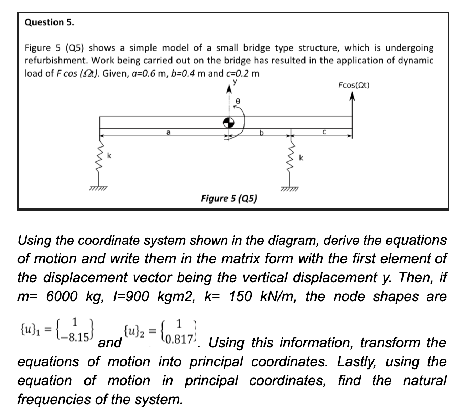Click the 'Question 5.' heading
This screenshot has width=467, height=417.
tap(50, 22)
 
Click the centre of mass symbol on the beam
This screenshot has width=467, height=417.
tap(229, 123)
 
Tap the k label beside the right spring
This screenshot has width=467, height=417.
tap(301, 158)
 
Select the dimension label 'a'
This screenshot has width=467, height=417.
tap(168, 132)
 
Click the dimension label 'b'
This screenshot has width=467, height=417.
tap(261, 133)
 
